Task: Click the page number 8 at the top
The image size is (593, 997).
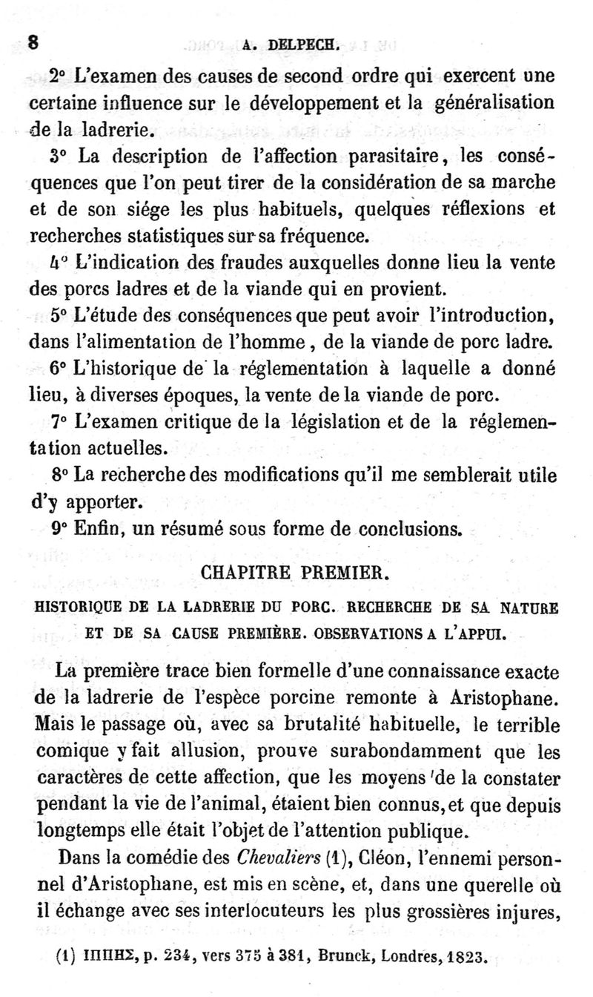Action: pos(32,42)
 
